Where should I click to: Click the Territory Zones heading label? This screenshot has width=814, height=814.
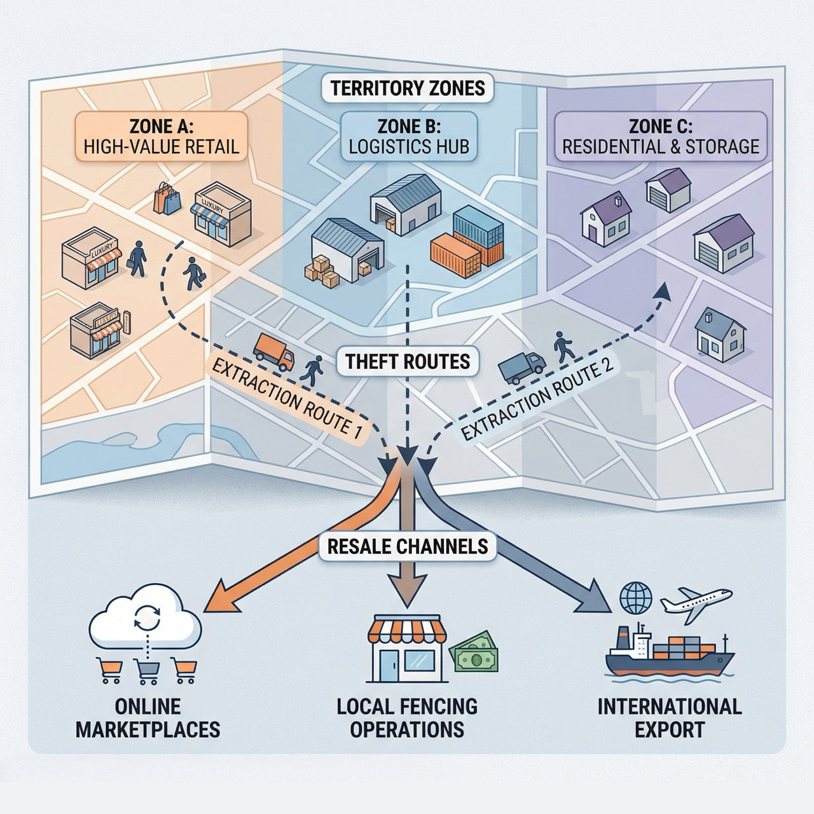pyautogui.click(x=407, y=88)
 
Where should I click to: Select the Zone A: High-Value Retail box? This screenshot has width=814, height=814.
pyautogui.click(x=161, y=136)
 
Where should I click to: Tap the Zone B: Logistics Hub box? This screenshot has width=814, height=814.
pyautogui.click(x=408, y=136)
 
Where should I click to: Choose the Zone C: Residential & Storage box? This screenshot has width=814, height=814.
pyautogui.click(x=660, y=136)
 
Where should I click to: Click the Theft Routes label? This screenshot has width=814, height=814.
pyautogui.click(x=408, y=361)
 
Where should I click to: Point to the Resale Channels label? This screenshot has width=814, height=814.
pyautogui.click(x=408, y=546)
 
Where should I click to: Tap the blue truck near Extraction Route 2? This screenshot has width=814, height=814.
pyautogui.click(x=521, y=367)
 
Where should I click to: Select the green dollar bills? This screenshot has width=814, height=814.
pyautogui.click(x=474, y=658)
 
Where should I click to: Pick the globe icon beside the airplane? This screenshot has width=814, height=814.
pyautogui.click(x=635, y=598)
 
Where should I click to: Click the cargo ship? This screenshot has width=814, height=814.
pyautogui.click(x=670, y=661)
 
